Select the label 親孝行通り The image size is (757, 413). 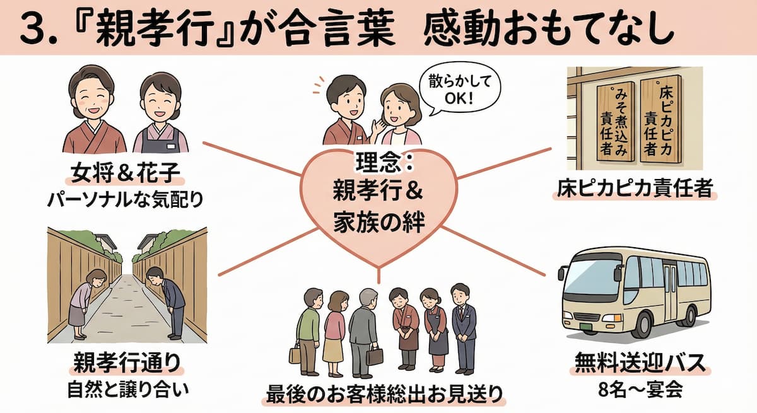[127, 364]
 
